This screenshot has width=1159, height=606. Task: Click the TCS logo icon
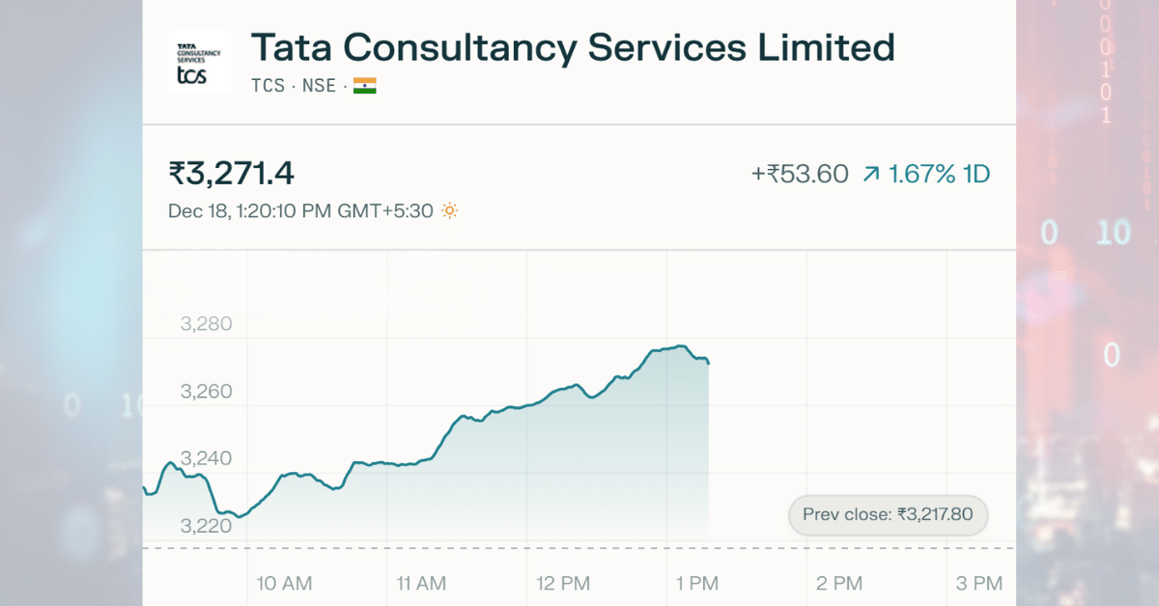[199, 62]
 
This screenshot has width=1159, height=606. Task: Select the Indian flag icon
[365, 86]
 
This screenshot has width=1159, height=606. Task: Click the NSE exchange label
[319, 86]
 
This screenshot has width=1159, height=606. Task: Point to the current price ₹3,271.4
[232, 174]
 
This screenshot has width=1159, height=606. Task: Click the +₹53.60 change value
[800, 175]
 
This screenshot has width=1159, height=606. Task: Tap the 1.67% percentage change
[922, 175]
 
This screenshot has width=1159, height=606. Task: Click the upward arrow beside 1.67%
[871, 175]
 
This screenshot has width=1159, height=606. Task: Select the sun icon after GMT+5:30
[449, 210]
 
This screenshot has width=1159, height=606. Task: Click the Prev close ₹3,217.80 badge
[888, 515]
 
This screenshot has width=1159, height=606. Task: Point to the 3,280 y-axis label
[207, 324]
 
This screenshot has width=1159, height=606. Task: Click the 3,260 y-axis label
[207, 392]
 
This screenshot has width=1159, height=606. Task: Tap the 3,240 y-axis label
[207, 458]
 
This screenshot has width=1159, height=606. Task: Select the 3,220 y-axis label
[207, 526]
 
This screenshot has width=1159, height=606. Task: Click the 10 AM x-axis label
[285, 583]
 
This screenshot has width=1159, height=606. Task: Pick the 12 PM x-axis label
[562, 583]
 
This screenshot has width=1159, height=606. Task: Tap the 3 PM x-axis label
[979, 583]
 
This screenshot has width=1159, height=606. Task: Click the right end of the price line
[709, 363]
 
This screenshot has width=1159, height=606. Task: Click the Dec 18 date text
[197, 210]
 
